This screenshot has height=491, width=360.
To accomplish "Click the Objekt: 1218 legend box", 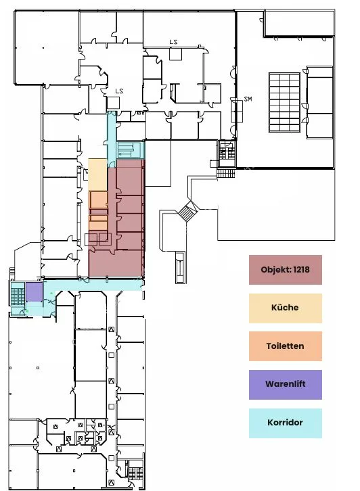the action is (x=285, y=270).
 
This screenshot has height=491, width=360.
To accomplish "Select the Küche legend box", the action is (x=285, y=308).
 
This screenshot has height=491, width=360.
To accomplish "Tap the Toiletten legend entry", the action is (x=285, y=346).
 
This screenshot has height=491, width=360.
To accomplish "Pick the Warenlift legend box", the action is (x=285, y=385).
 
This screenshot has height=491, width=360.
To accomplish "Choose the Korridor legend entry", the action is (x=285, y=423).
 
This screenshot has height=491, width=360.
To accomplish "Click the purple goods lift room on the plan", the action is (x=34, y=292).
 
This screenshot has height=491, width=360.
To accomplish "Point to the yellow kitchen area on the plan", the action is (x=97, y=174).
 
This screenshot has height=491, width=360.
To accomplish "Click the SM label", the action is (x=248, y=99).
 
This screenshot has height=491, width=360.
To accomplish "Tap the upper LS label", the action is (x=173, y=42).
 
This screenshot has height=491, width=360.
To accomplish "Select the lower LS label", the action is (x=119, y=91).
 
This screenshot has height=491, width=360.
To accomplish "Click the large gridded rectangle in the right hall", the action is (x=284, y=102).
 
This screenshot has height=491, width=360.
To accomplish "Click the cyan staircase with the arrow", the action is (x=131, y=150).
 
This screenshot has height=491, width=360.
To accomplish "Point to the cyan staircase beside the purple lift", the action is (x=18, y=296).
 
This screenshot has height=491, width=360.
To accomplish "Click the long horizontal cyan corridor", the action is (x=93, y=284).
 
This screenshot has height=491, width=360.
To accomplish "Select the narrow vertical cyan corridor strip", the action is (x=112, y=140).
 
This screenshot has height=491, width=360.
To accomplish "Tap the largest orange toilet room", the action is (x=98, y=200).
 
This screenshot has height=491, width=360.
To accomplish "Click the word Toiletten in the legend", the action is (x=285, y=346).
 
